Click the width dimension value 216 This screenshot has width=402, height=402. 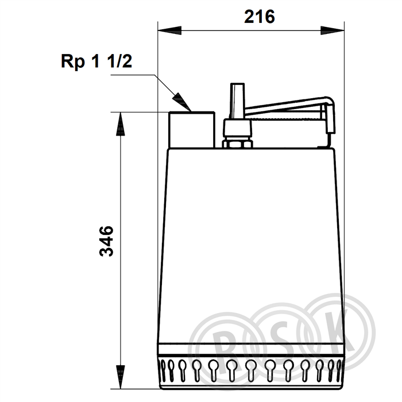click(260, 17)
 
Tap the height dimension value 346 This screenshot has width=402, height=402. click(106, 241)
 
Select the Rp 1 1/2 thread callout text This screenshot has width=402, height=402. click(96, 61)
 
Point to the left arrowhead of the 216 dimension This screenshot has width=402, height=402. click(169, 30)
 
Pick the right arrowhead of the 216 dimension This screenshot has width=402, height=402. click(333, 30)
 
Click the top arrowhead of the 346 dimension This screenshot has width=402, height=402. click(120, 124)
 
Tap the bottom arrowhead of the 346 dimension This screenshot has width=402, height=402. click(120, 377)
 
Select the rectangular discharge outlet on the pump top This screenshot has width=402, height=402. click(192, 130)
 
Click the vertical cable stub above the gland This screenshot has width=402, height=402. click(238, 100)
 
